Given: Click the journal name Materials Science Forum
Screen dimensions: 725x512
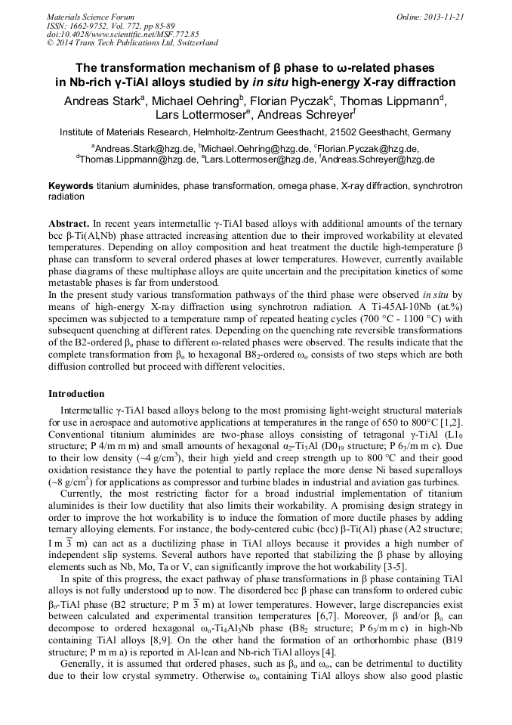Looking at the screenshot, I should (91, 16).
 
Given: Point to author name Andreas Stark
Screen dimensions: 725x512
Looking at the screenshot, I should (103, 101).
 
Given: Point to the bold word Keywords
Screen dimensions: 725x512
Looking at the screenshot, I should (71, 185).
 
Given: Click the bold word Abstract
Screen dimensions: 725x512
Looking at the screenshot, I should (69, 225).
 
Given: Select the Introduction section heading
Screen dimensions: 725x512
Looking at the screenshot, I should (76, 394).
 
